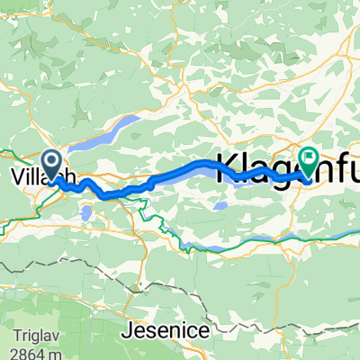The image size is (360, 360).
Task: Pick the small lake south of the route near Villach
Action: pyautogui.click(x=86, y=213)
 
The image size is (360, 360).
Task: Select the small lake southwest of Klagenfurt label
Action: pyautogui.click(x=220, y=206)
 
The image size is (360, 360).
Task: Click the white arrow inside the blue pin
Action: pyautogui.click(x=52, y=162)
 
